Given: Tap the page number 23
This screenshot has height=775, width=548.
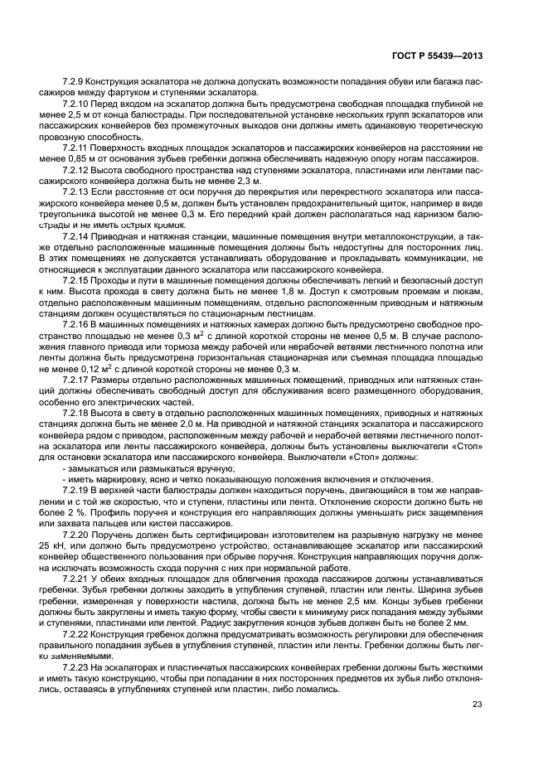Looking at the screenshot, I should pos(477,705).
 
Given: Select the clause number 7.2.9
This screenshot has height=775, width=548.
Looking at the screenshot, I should pos(75,85).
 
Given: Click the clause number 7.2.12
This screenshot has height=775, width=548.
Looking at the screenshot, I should pos(77,169).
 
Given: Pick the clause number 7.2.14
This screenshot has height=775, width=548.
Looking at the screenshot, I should pos(77,235).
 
